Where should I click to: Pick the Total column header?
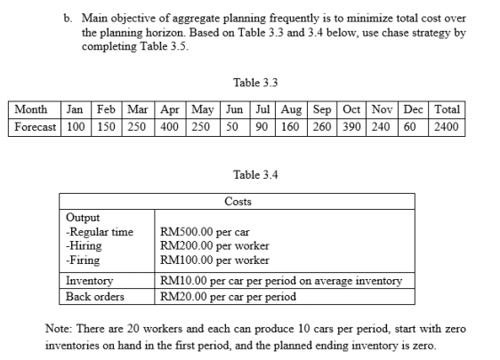[x=446, y=110]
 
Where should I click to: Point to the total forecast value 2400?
[x=446, y=126]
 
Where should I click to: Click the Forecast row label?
[x=35, y=126]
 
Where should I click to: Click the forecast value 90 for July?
[x=262, y=126]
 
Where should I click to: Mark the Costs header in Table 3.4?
[x=238, y=202]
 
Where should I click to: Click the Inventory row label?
[x=90, y=281]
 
